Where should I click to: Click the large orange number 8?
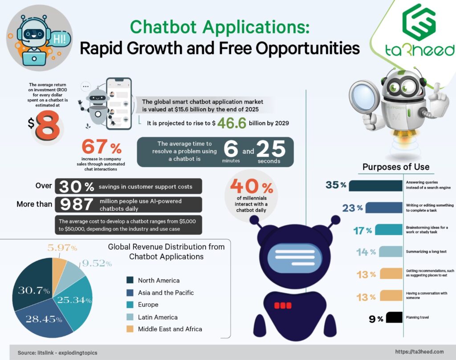(x=48, y=126)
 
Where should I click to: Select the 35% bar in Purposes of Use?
(x=375, y=185)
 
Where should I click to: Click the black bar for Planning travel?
(x=395, y=318)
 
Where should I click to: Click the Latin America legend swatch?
(x=130, y=317)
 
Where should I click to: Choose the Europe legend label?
(x=148, y=305)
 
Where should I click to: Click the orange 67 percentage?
(x=96, y=147)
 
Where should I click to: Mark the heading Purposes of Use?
(x=395, y=167)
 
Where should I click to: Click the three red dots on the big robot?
(x=282, y=306)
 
